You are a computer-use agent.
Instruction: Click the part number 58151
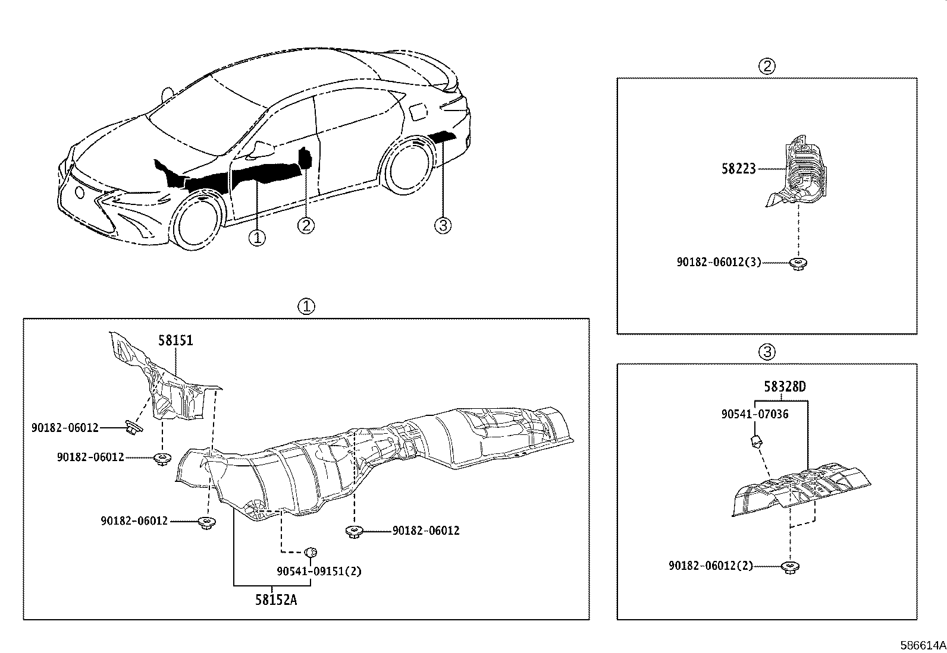[x=175, y=340]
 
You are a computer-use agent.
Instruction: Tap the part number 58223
[x=738, y=169]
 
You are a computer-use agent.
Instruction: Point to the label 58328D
[x=785, y=387]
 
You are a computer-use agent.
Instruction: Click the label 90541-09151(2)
[x=319, y=571]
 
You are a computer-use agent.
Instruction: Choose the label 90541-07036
[x=755, y=414]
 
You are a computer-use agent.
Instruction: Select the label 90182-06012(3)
[x=719, y=262]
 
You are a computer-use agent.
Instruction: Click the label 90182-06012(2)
[x=711, y=566]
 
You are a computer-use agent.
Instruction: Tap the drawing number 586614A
[x=922, y=645]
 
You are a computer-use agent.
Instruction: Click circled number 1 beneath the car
[x=257, y=238]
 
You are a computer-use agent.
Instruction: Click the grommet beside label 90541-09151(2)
[x=311, y=553]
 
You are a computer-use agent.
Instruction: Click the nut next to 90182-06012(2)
[x=791, y=567]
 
